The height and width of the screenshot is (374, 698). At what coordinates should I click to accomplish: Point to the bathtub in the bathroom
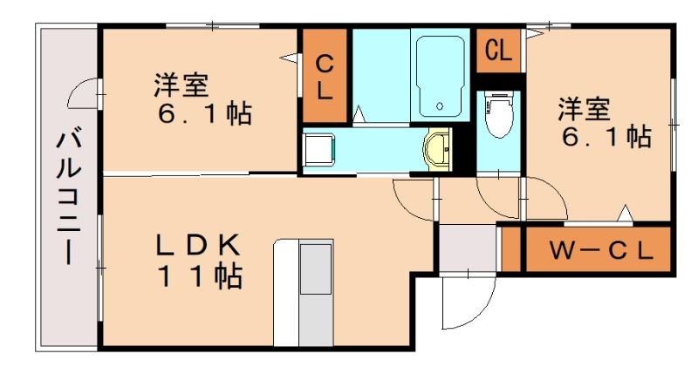(440, 77)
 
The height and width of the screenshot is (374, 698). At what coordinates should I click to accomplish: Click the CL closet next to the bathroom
(324, 76)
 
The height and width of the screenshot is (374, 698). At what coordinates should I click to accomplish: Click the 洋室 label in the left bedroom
(181, 85)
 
